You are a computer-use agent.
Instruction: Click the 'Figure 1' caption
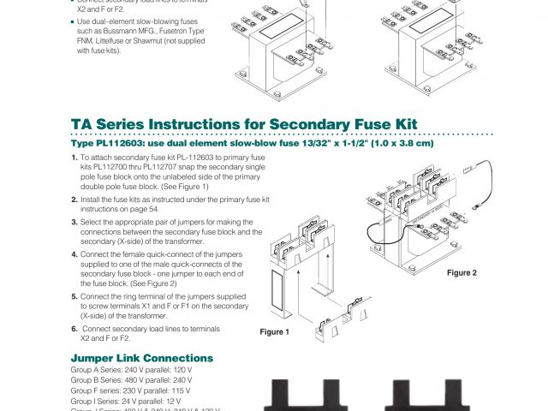pyautogui.click(x=275, y=331)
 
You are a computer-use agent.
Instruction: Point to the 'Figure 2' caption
pyautogui.click(x=462, y=273)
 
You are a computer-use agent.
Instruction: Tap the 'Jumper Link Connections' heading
pyautogui.click(x=141, y=358)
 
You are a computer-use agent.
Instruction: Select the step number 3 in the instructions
pyautogui.click(x=74, y=221)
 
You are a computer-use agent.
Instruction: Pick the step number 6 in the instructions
pyautogui.click(x=74, y=329)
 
